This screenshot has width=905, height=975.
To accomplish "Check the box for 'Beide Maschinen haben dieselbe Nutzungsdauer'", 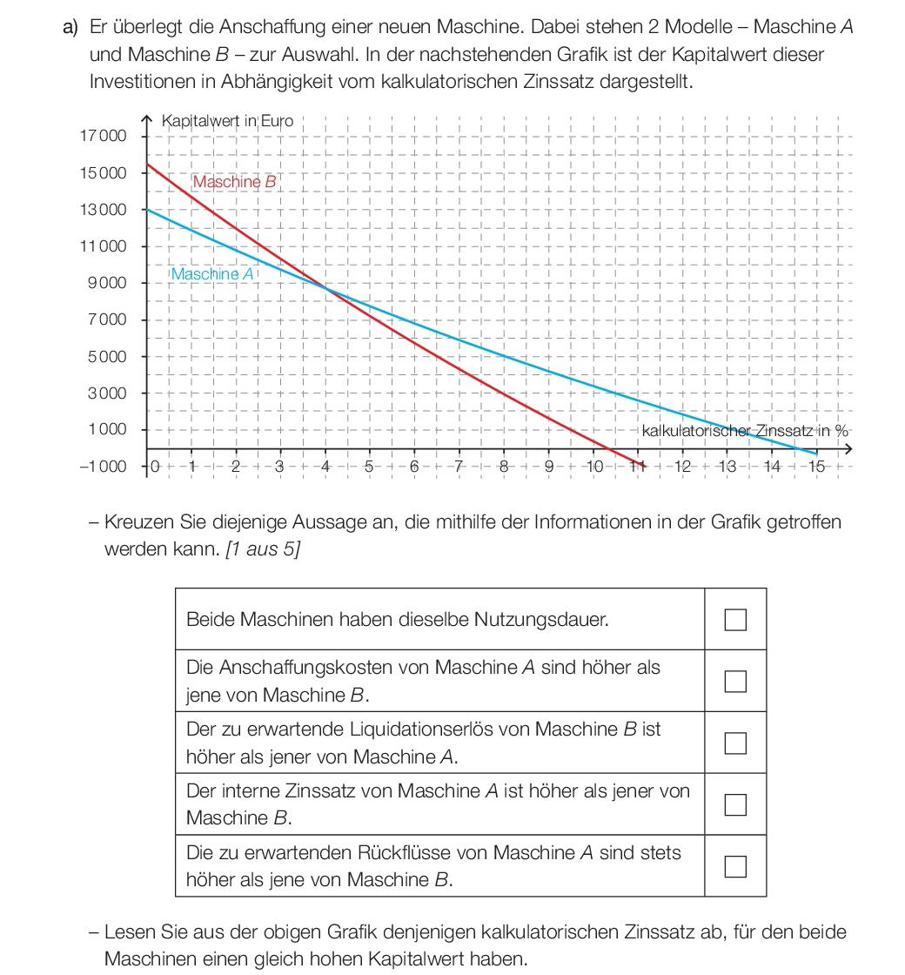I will [x=735, y=619].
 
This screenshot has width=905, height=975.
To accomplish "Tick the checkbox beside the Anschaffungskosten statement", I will [x=735, y=681].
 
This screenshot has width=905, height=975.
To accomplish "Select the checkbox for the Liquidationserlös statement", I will [x=735, y=743].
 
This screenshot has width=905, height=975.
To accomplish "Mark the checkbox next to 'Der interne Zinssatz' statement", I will [x=735, y=804].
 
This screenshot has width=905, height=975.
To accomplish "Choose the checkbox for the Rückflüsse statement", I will [x=735, y=866].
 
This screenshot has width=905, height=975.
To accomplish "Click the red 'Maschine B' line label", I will [x=234, y=182].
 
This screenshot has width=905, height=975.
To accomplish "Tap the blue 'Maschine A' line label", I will [x=213, y=274].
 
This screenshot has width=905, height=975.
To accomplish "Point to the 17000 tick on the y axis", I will [x=103, y=136].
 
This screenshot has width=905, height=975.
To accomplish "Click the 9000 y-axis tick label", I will [x=107, y=283].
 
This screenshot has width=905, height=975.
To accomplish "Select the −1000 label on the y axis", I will [x=103, y=467].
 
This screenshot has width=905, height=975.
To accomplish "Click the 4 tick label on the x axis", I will [x=325, y=467].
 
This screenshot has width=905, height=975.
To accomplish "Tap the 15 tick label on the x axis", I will [x=815, y=467].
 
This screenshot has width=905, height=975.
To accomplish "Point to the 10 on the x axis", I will [x=595, y=467].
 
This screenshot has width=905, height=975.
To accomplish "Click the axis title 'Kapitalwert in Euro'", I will [x=227, y=121].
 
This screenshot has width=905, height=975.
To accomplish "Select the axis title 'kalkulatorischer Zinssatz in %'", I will [x=744, y=431].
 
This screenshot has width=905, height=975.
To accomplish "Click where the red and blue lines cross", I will [x=325, y=287].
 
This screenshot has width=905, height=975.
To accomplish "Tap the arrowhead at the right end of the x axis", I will [x=848, y=449].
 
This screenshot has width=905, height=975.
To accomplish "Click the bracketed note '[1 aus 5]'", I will [x=262, y=550].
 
